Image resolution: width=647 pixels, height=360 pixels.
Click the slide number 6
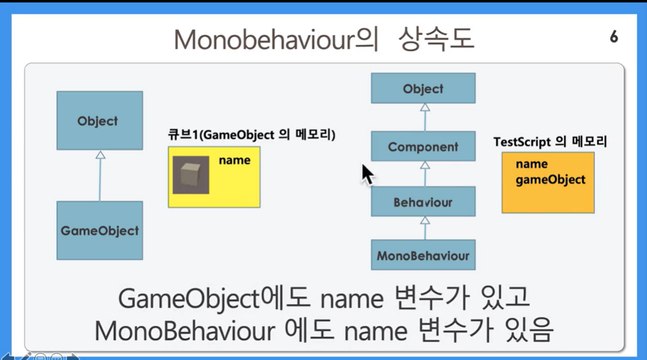pyautogui.click(x=614, y=37)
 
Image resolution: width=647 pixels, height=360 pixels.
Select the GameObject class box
pyautogui.click(x=100, y=231)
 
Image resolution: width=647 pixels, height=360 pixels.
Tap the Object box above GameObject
pyautogui.click(x=100, y=121)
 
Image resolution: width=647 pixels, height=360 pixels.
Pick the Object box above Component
pyautogui.click(x=423, y=88)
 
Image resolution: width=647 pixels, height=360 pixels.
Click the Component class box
pyautogui.click(x=423, y=146)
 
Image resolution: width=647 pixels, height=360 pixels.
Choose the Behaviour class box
pyautogui.click(x=423, y=202)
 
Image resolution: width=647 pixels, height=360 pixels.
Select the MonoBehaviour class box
pyautogui.click(x=423, y=255)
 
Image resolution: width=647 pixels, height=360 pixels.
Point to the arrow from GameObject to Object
pyautogui.click(x=100, y=176)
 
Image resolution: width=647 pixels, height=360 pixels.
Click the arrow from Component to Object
pyautogui.click(x=425, y=118)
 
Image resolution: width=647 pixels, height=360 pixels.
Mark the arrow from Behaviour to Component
pyautogui.click(x=425, y=174)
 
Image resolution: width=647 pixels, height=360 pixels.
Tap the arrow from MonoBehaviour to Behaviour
pyautogui.click(x=425, y=228)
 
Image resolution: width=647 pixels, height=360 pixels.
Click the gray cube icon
pyautogui.click(x=191, y=175)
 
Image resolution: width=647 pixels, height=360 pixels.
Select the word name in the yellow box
pyautogui.click(x=234, y=160)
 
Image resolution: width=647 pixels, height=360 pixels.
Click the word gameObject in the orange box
pyautogui.click(x=551, y=180)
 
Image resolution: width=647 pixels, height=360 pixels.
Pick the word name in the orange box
pyautogui.click(x=532, y=164)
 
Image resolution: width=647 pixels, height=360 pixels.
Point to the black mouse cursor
pyautogui.click(x=367, y=175)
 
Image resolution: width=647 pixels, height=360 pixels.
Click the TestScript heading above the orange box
pyautogui.click(x=550, y=142)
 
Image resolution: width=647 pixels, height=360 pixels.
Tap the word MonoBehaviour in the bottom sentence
pyautogui.click(x=185, y=331)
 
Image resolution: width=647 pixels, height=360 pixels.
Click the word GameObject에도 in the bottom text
pyautogui.click(x=214, y=298)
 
